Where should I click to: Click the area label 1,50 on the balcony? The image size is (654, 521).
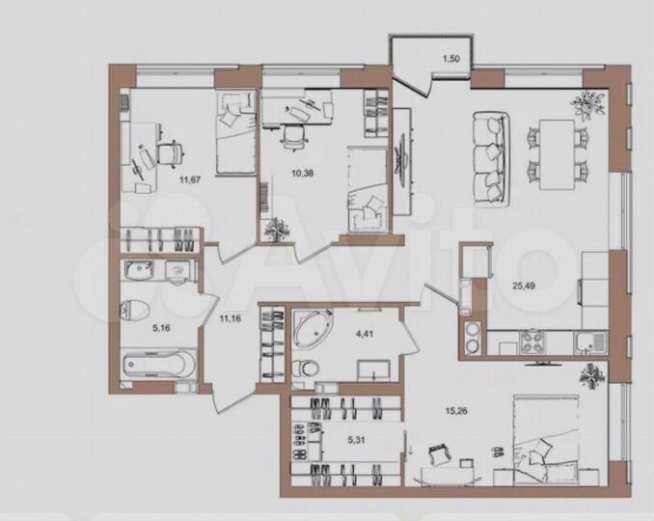click(x=451, y=60)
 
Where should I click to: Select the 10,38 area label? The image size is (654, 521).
click(x=302, y=174)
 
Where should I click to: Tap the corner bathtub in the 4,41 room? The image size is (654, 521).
click(x=313, y=329)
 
